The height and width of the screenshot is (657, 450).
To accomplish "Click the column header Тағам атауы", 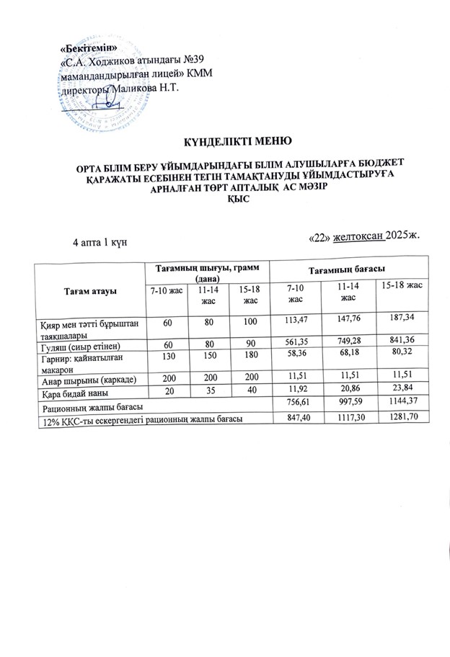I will pos(90,290).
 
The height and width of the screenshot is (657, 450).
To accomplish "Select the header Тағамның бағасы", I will pos(345,269).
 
